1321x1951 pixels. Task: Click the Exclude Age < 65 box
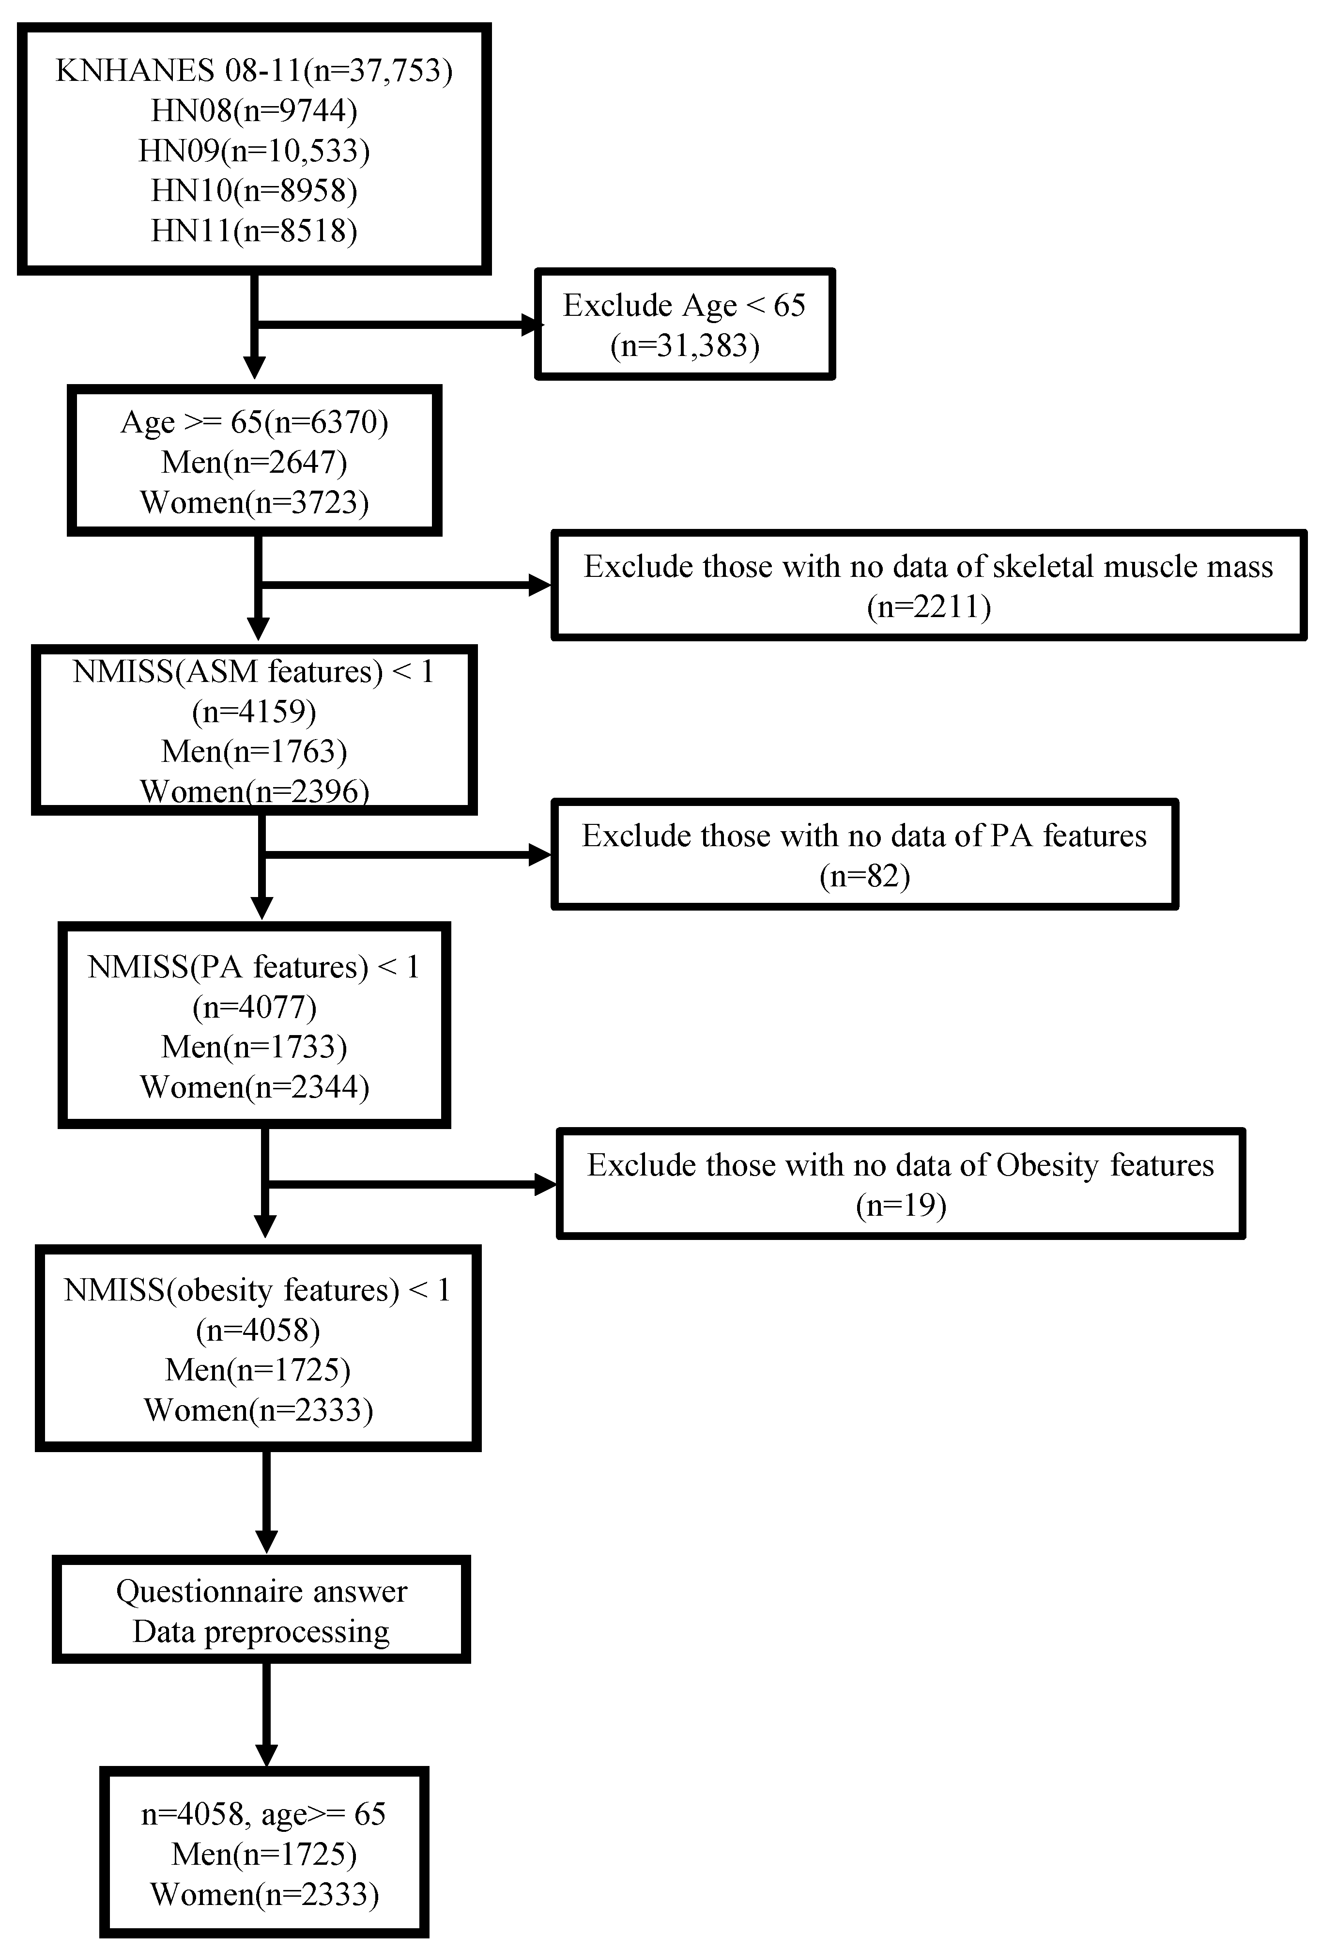684,324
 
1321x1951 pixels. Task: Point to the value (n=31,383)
684,345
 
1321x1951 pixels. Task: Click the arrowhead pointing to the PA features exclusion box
539,855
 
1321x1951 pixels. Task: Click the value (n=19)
901,1206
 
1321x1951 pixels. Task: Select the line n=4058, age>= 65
262,1813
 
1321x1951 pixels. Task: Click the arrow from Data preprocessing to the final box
266,1713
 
